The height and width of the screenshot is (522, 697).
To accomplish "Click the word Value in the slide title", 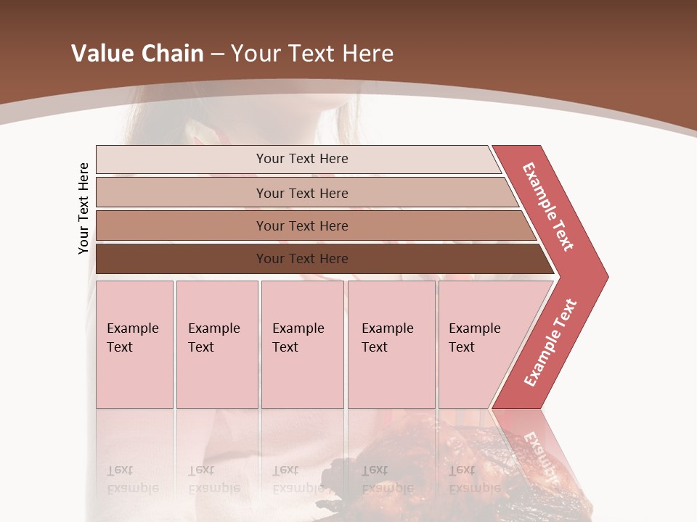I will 98,54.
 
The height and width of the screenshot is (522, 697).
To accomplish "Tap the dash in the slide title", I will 217,54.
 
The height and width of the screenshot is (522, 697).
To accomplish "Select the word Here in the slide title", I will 367,54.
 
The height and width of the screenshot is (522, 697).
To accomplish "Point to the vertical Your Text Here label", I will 83,209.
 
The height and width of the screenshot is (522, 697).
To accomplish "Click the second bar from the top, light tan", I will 301,193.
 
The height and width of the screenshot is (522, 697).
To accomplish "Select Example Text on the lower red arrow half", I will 550,342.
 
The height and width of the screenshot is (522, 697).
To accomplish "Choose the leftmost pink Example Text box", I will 134,344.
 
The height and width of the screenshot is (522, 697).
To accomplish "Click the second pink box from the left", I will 216,344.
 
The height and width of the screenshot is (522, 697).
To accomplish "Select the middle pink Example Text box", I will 302,344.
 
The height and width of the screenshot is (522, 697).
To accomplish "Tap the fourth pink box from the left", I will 391,344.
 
